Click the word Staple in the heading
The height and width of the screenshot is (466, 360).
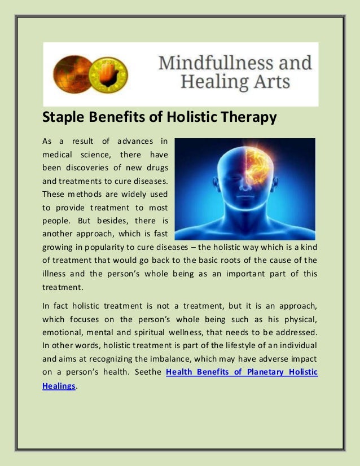point(63,118)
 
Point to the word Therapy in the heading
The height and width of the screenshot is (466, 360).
point(247,118)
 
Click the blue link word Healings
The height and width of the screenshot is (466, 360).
point(59,386)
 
